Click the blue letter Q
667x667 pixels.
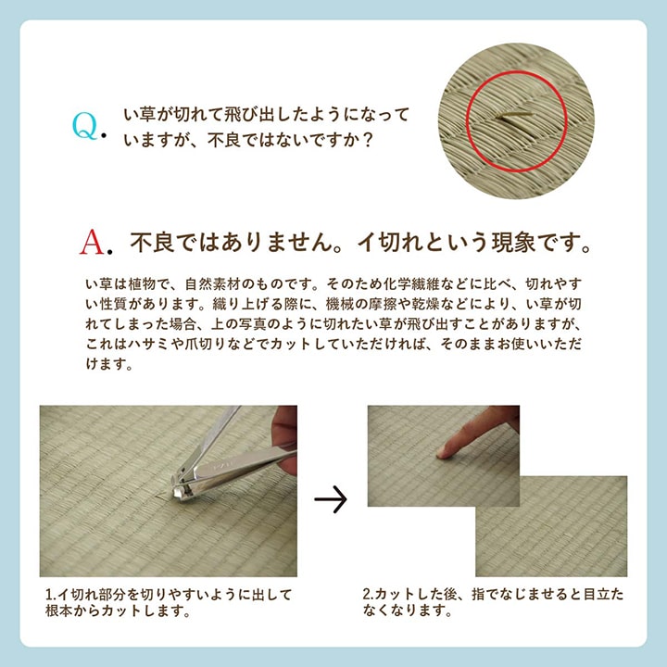84,127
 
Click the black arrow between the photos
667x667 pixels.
331,501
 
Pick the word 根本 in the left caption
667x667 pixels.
63,611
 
